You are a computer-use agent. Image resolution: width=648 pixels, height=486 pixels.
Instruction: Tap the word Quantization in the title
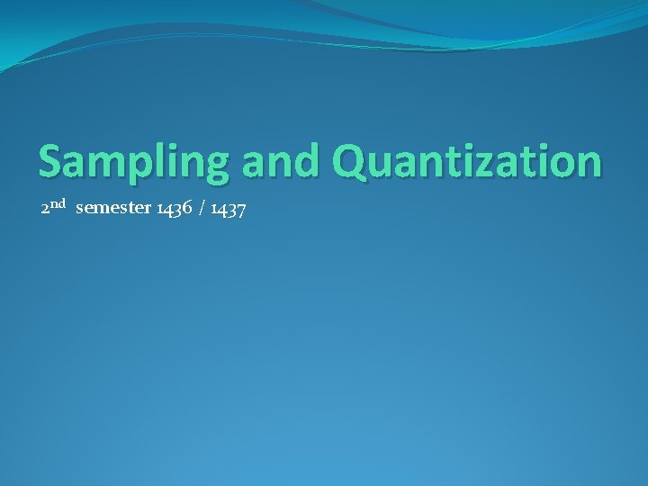(x=466, y=161)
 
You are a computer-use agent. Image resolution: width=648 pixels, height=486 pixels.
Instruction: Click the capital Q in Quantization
(x=347, y=161)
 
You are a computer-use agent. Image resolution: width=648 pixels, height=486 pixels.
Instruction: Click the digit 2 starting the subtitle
(x=45, y=210)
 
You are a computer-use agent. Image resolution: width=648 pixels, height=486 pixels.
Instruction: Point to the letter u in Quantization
(x=378, y=164)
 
